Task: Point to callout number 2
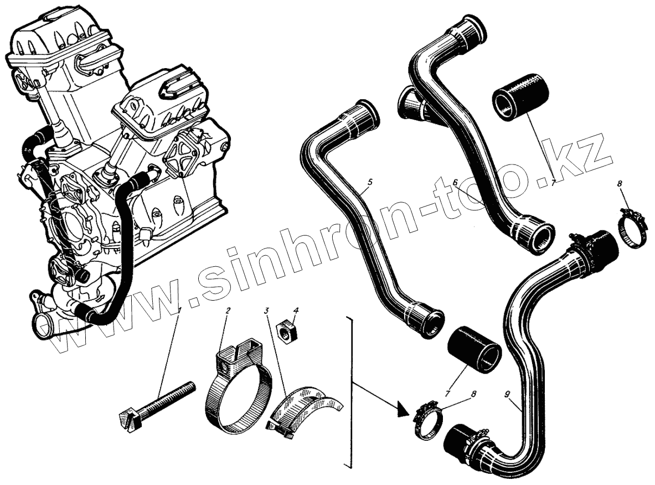tap(228, 311)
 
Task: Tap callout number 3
tap(267, 311)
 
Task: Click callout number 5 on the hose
tap(370, 181)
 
